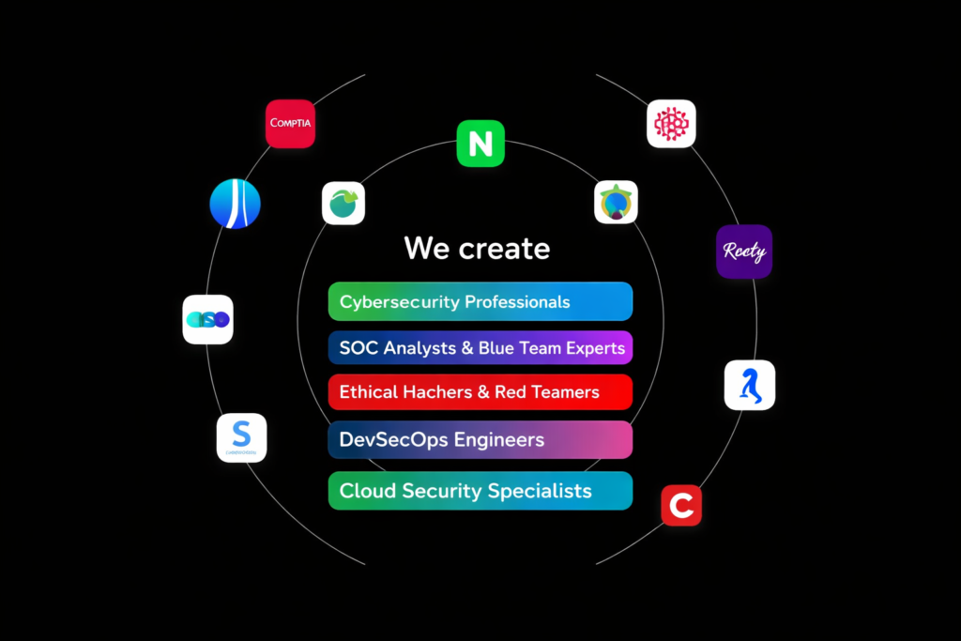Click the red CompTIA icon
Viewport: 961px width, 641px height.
click(290, 124)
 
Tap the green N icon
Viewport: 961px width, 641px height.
click(480, 144)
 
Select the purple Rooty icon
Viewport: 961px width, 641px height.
click(744, 252)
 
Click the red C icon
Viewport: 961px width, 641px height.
click(681, 506)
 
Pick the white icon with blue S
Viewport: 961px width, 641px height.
click(241, 437)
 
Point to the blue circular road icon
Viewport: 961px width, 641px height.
click(235, 204)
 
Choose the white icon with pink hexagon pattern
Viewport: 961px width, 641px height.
click(671, 124)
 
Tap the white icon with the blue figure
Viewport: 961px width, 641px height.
click(750, 385)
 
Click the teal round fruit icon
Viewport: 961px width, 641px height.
click(343, 203)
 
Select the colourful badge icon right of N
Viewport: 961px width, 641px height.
click(616, 202)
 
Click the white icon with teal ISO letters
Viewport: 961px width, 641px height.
click(207, 320)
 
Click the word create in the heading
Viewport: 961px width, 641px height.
click(505, 249)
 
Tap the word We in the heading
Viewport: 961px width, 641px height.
click(428, 249)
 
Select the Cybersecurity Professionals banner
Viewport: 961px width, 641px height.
click(480, 302)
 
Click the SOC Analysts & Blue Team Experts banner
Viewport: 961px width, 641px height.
click(480, 347)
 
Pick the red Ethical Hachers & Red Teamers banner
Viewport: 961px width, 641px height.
click(480, 392)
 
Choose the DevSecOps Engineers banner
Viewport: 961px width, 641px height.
click(480, 440)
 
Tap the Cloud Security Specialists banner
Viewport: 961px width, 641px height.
click(480, 491)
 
